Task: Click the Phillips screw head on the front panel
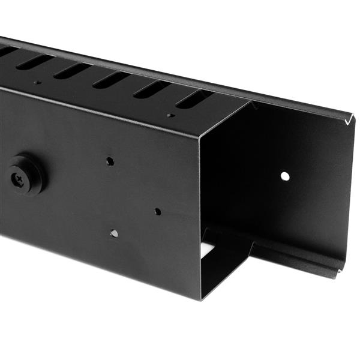pyautogui.click(x=23, y=175)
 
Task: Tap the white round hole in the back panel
pyautogui.click(x=285, y=176)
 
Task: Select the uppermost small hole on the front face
pyautogui.click(x=110, y=161)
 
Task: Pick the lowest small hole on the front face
pyautogui.click(x=114, y=233)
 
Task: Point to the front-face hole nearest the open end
pyautogui.click(x=157, y=211)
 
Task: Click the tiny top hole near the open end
pyautogui.click(x=171, y=115)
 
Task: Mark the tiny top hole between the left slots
pyautogui.click(x=37, y=82)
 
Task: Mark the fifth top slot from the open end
pyautogui.click(x=34, y=61)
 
